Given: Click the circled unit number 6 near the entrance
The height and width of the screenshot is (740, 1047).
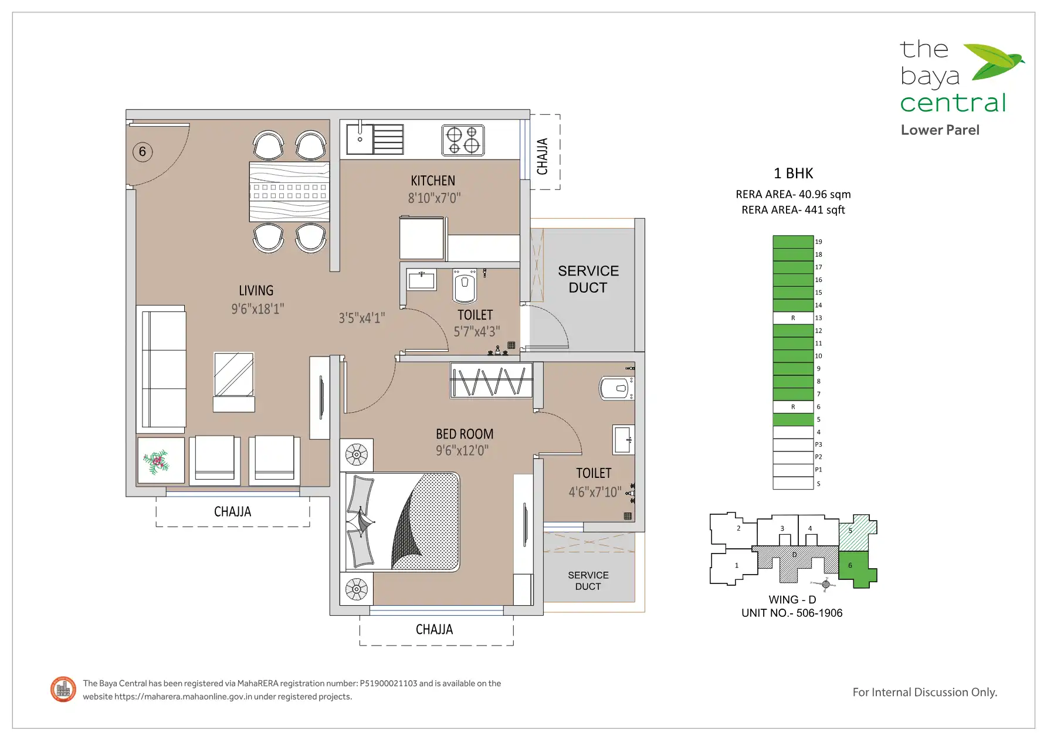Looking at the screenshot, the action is tap(142, 152).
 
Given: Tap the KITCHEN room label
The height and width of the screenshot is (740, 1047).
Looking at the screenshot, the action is tap(433, 181).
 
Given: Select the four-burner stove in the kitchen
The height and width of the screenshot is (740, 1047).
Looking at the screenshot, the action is tap(463, 140).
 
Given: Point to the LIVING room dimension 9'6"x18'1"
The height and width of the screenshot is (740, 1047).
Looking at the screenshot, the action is tap(257, 308).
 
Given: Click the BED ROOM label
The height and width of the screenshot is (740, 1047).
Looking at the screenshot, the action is tap(465, 434).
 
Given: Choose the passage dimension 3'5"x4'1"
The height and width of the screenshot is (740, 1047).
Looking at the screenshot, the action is tap(362, 318).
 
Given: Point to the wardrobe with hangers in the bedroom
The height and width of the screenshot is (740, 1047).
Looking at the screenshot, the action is tap(492, 380).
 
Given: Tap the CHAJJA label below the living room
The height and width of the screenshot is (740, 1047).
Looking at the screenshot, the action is tap(232, 512).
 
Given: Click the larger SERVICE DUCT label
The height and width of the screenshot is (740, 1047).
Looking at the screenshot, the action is tap(588, 279).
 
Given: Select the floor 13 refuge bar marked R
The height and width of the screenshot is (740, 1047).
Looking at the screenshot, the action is tap(793, 318).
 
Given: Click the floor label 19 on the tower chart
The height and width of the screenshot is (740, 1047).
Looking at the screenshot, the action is tap(819, 242).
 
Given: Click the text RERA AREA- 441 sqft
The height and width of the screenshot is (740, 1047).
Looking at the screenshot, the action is tap(793, 210).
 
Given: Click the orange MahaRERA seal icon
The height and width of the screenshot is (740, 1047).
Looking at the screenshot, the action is tap(63, 689).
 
